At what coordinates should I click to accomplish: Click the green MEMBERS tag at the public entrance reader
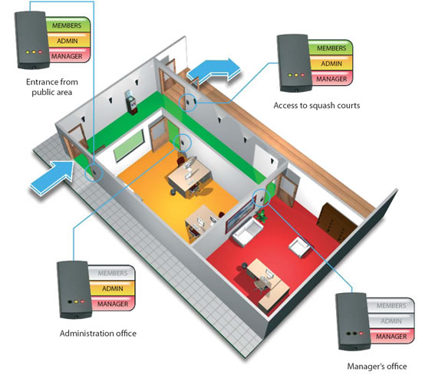tap(68, 25)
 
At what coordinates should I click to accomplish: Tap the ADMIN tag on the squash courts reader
tap(331, 64)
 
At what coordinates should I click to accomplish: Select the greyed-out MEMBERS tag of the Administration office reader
tap(112, 273)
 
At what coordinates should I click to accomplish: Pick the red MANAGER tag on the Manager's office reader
tap(391, 336)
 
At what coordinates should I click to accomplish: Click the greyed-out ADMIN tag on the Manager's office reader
tap(391, 321)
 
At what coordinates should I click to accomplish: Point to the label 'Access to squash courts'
tap(316, 106)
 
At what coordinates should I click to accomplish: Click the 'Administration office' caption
tap(98, 334)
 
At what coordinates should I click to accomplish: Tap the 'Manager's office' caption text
tap(377, 366)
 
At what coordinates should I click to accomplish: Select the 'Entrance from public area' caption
tap(52, 87)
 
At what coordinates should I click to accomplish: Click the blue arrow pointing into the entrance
tap(53, 176)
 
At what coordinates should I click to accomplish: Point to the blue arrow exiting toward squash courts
tap(213, 70)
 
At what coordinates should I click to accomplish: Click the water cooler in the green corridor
tap(131, 103)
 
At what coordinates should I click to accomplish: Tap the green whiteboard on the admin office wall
tap(129, 145)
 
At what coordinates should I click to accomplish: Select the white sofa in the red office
tap(248, 232)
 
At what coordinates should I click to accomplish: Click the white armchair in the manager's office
tap(298, 247)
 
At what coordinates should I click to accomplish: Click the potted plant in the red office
tap(261, 215)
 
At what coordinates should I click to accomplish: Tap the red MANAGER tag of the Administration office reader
tap(113, 304)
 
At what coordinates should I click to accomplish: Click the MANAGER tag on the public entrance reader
tap(68, 56)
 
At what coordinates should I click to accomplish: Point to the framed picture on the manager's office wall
tap(240, 215)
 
